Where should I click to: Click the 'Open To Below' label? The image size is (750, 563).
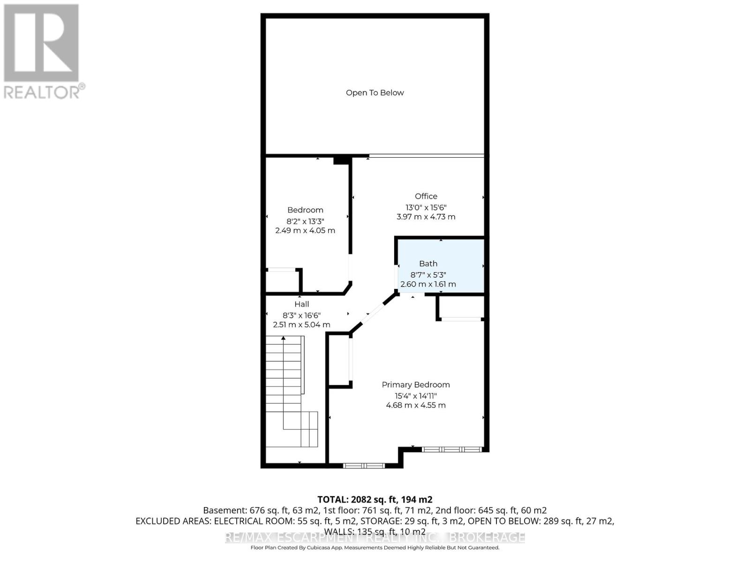pyautogui.click(x=375, y=93)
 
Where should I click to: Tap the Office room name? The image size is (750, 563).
pyautogui.click(x=426, y=197)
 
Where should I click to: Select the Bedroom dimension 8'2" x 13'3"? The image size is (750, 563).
pyautogui.click(x=305, y=221)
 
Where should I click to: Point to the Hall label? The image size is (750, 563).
pyautogui.click(x=301, y=304)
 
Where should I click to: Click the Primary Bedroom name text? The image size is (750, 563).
pyautogui.click(x=415, y=385)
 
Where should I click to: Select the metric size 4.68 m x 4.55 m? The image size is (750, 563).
pyautogui.click(x=415, y=405)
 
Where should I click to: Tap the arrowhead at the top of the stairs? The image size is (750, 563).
pyautogui.click(x=283, y=338)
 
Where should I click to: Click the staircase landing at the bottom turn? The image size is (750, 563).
pyautogui.click(x=300, y=429)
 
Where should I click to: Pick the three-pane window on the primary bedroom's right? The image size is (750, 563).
pyautogui.click(x=452, y=449)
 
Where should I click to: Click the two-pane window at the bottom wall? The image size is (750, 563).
pyautogui.click(x=364, y=466)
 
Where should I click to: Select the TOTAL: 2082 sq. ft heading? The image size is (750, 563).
pyautogui.click(x=375, y=500)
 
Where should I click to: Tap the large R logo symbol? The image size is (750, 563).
pyautogui.click(x=41, y=43)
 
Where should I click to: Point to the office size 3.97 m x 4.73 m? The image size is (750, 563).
pyautogui.click(x=426, y=217)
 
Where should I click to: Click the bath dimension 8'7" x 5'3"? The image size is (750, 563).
pyautogui.click(x=428, y=274)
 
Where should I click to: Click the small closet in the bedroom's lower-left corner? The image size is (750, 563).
pyautogui.click(x=282, y=281)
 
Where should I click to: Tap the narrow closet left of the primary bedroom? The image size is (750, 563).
pyautogui.click(x=338, y=360)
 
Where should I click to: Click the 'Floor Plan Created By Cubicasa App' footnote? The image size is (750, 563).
pyautogui.click(x=375, y=548)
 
